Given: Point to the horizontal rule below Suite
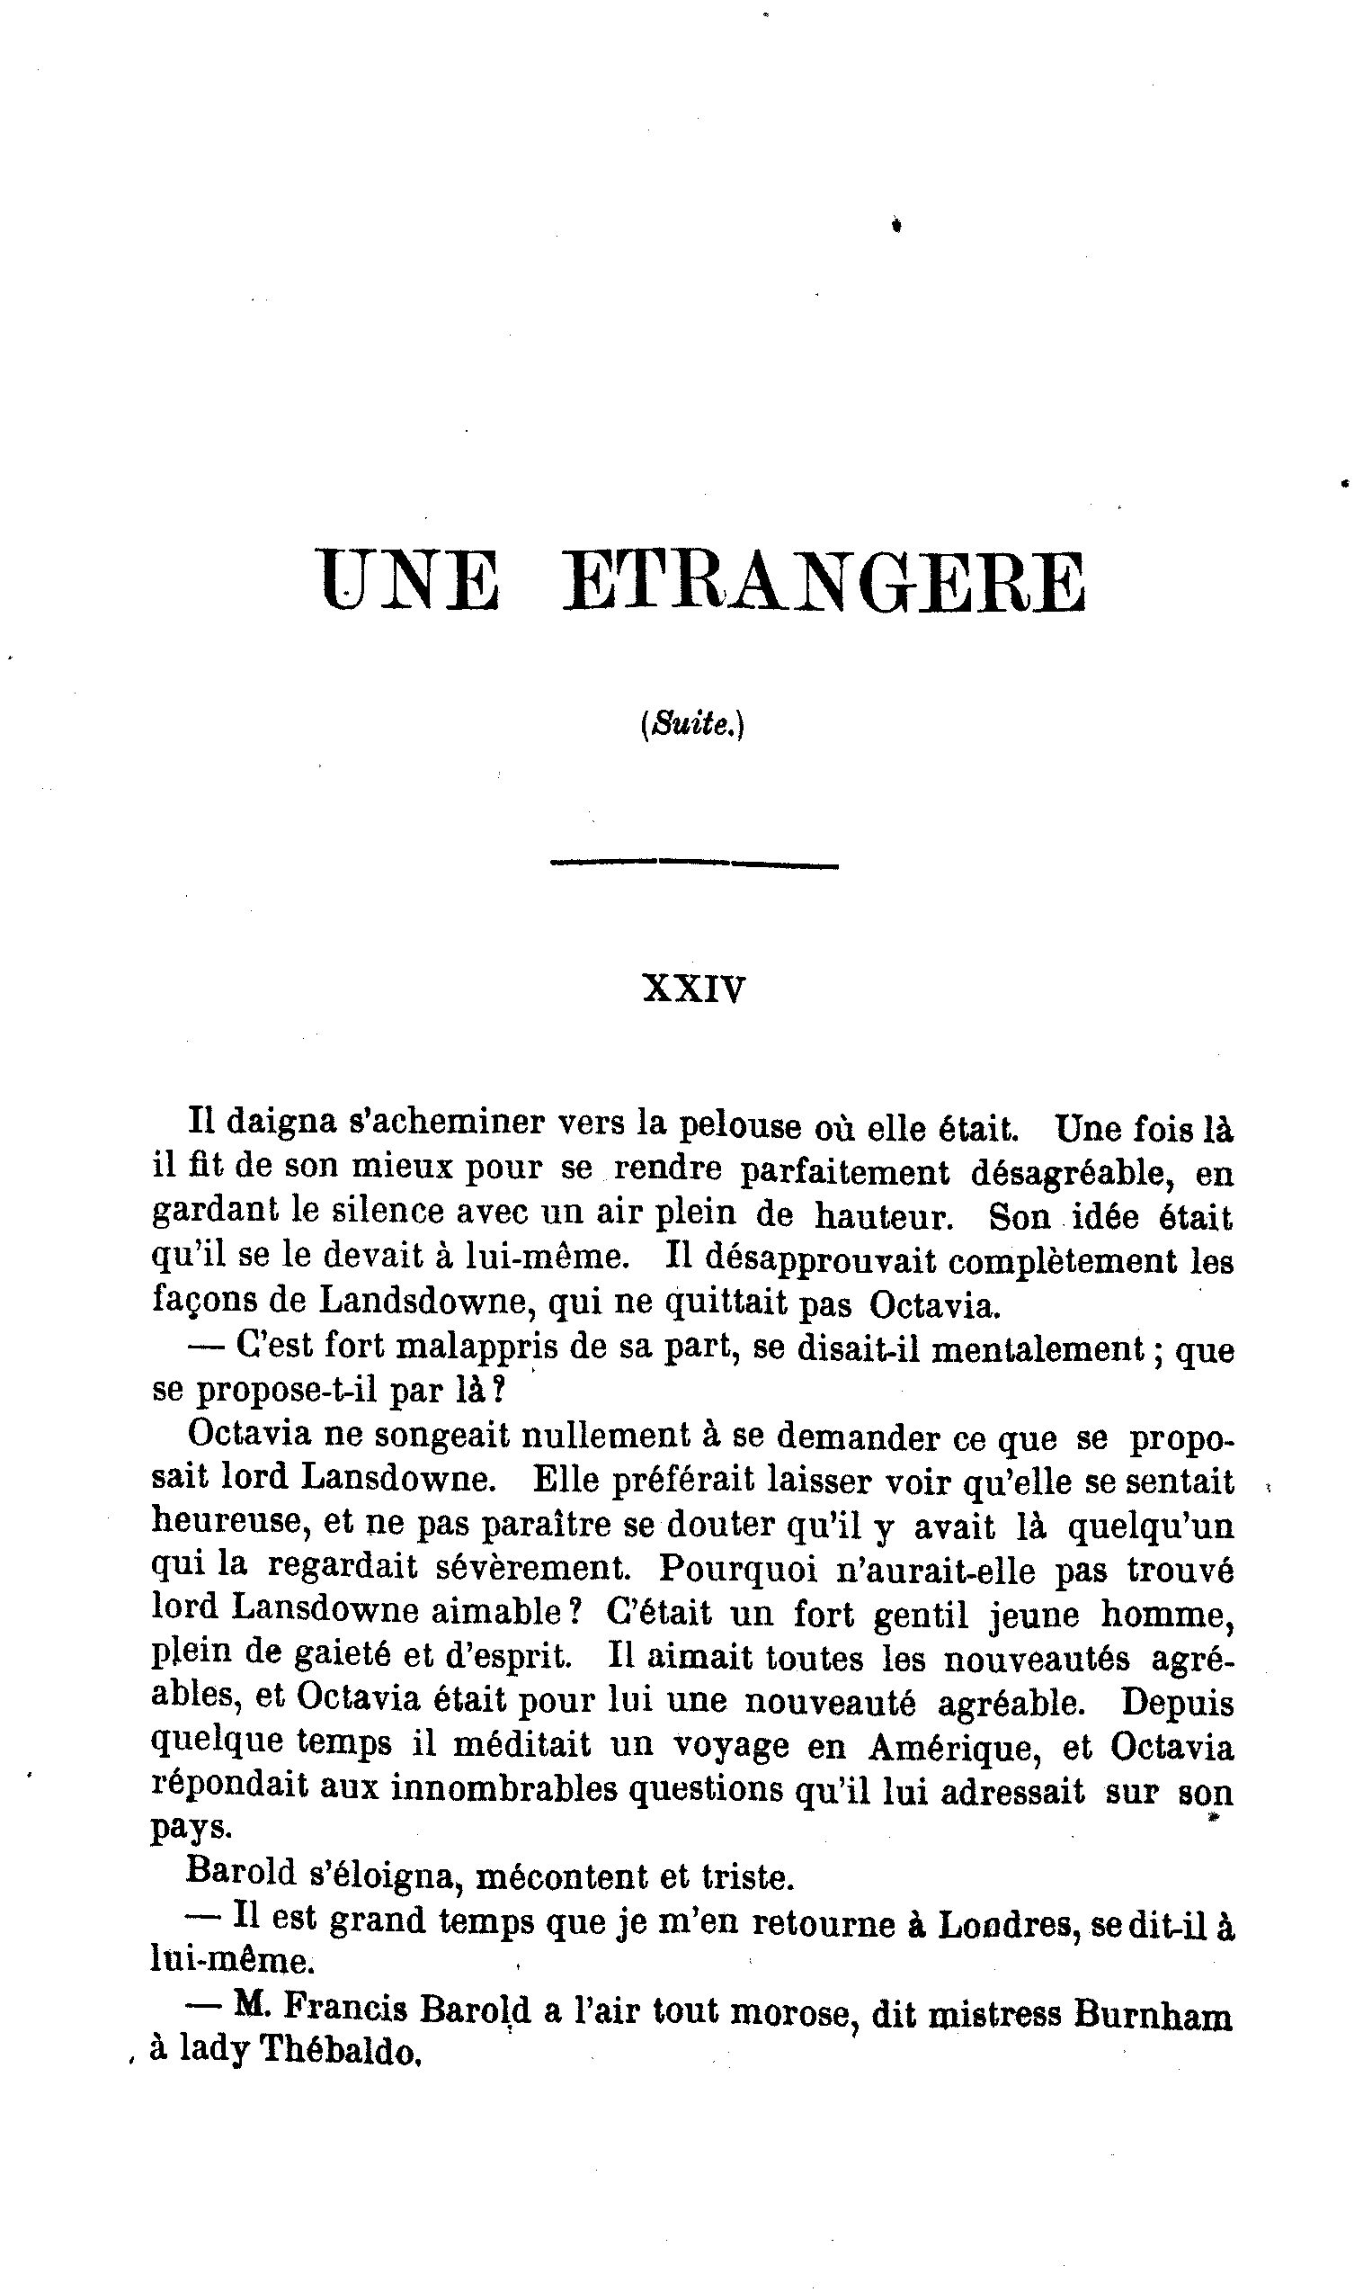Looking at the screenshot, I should pos(693,864).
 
